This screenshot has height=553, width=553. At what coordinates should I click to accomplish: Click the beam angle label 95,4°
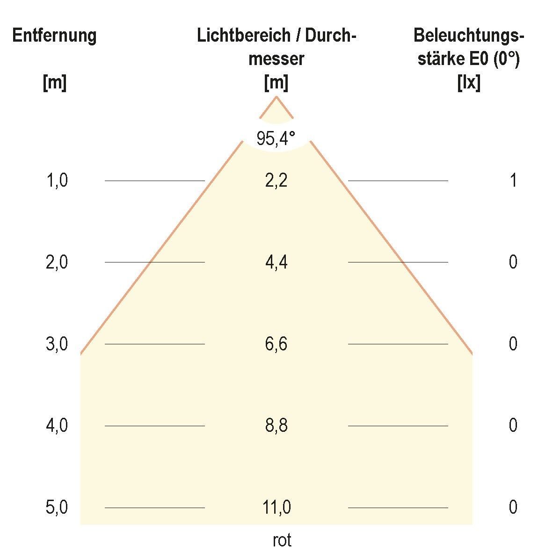coord(276,138)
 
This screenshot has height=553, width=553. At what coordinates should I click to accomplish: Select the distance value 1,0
coord(57,181)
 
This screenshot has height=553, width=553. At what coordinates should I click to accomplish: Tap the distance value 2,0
coord(57,262)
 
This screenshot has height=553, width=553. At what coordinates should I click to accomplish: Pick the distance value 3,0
coord(57,344)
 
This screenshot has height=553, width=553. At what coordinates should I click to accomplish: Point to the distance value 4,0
coord(57,426)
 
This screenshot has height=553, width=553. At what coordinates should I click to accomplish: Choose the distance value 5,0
coord(57,508)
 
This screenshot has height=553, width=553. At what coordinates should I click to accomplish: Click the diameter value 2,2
coord(276,181)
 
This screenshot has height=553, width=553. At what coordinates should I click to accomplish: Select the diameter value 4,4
coord(276,262)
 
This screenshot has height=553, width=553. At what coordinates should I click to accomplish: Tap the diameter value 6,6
coord(276,344)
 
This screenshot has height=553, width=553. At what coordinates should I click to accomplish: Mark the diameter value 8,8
coord(276,426)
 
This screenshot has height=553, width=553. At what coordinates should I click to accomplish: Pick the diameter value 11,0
coord(276,508)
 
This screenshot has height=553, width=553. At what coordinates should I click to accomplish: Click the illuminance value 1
coord(513,181)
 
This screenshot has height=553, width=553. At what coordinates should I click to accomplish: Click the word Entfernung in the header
coord(54,36)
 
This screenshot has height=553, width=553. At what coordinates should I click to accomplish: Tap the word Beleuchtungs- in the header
coord(469,36)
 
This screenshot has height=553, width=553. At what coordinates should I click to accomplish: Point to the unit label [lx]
coord(469,83)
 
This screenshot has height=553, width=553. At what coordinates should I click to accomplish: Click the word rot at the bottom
coord(282,540)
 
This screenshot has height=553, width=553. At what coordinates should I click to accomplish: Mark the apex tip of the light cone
coord(276,97)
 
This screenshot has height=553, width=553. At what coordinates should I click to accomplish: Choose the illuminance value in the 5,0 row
coord(513,508)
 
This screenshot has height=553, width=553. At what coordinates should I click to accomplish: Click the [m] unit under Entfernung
coord(54,83)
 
